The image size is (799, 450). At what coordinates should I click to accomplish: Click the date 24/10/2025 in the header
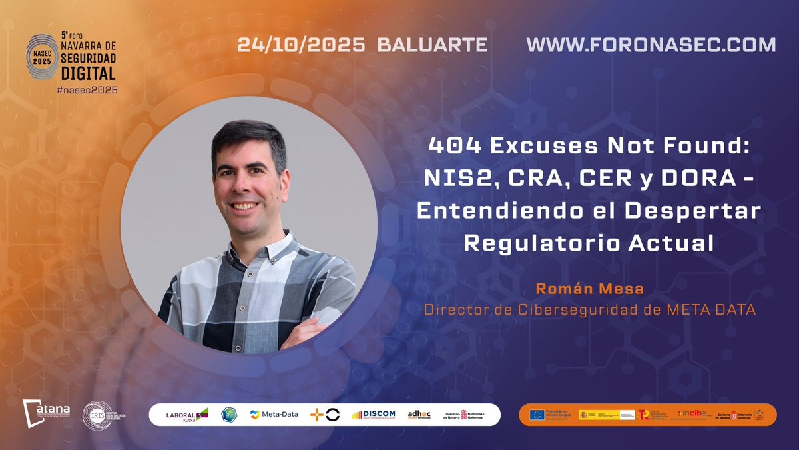pyautogui.click(x=302, y=45)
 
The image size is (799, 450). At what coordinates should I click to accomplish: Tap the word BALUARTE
pyautogui.click(x=432, y=45)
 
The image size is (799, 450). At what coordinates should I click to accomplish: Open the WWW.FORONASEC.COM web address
pyautogui.click(x=651, y=45)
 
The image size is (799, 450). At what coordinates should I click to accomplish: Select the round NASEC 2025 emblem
pyautogui.click(x=43, y=57)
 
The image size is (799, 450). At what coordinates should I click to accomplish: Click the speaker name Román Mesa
pyautogui.click(x=589, y=290)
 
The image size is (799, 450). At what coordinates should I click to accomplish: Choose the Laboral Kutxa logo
pyautogui.click(x=186, y=415)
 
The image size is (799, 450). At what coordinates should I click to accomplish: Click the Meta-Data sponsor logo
pyautogui.click(x=274, y=415)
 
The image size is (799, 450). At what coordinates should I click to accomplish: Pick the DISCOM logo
pyautogui.click(x=374, y=415)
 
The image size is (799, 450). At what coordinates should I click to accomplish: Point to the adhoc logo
pyautogui.click(x=420, y=415)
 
